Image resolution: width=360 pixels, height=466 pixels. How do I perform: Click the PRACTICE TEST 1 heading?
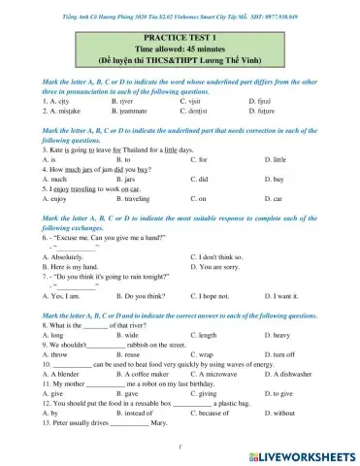pos(180,35)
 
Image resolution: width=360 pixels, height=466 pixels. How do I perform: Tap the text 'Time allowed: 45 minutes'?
pos(180,47)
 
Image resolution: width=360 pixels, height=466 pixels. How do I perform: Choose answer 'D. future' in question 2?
pos(264,112)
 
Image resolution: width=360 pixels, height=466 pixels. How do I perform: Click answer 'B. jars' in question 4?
pos(125,180)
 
